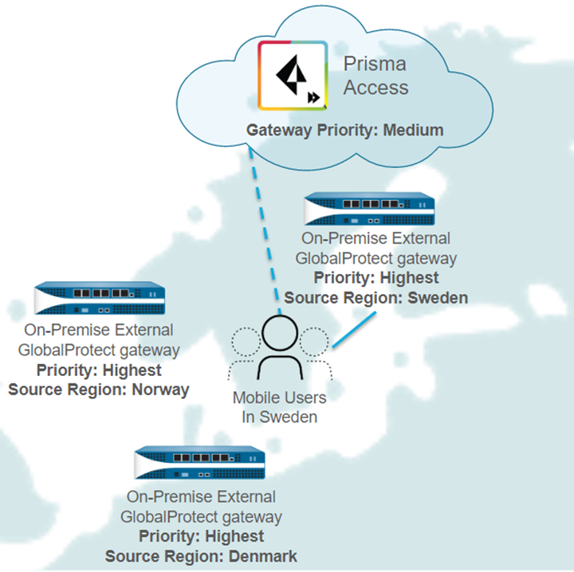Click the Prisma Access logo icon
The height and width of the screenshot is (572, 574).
[293, 75]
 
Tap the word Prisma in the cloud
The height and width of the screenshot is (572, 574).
[374, 65]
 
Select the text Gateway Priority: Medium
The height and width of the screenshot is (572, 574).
[344, 130]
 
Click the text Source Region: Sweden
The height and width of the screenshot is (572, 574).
[375, 298]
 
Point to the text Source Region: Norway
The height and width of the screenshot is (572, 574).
[99, 390]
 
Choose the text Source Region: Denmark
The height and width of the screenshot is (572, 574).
[201, 556]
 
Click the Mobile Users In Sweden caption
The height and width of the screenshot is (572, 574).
[279, 406]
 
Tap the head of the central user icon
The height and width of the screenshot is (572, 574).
[281, 333]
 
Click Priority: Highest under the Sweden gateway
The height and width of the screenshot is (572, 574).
[375, 278]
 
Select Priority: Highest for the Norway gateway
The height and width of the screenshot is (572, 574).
[99, 370]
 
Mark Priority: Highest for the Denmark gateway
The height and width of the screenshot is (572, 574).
[201, 536]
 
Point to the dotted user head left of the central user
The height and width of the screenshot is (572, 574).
[246, 343]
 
